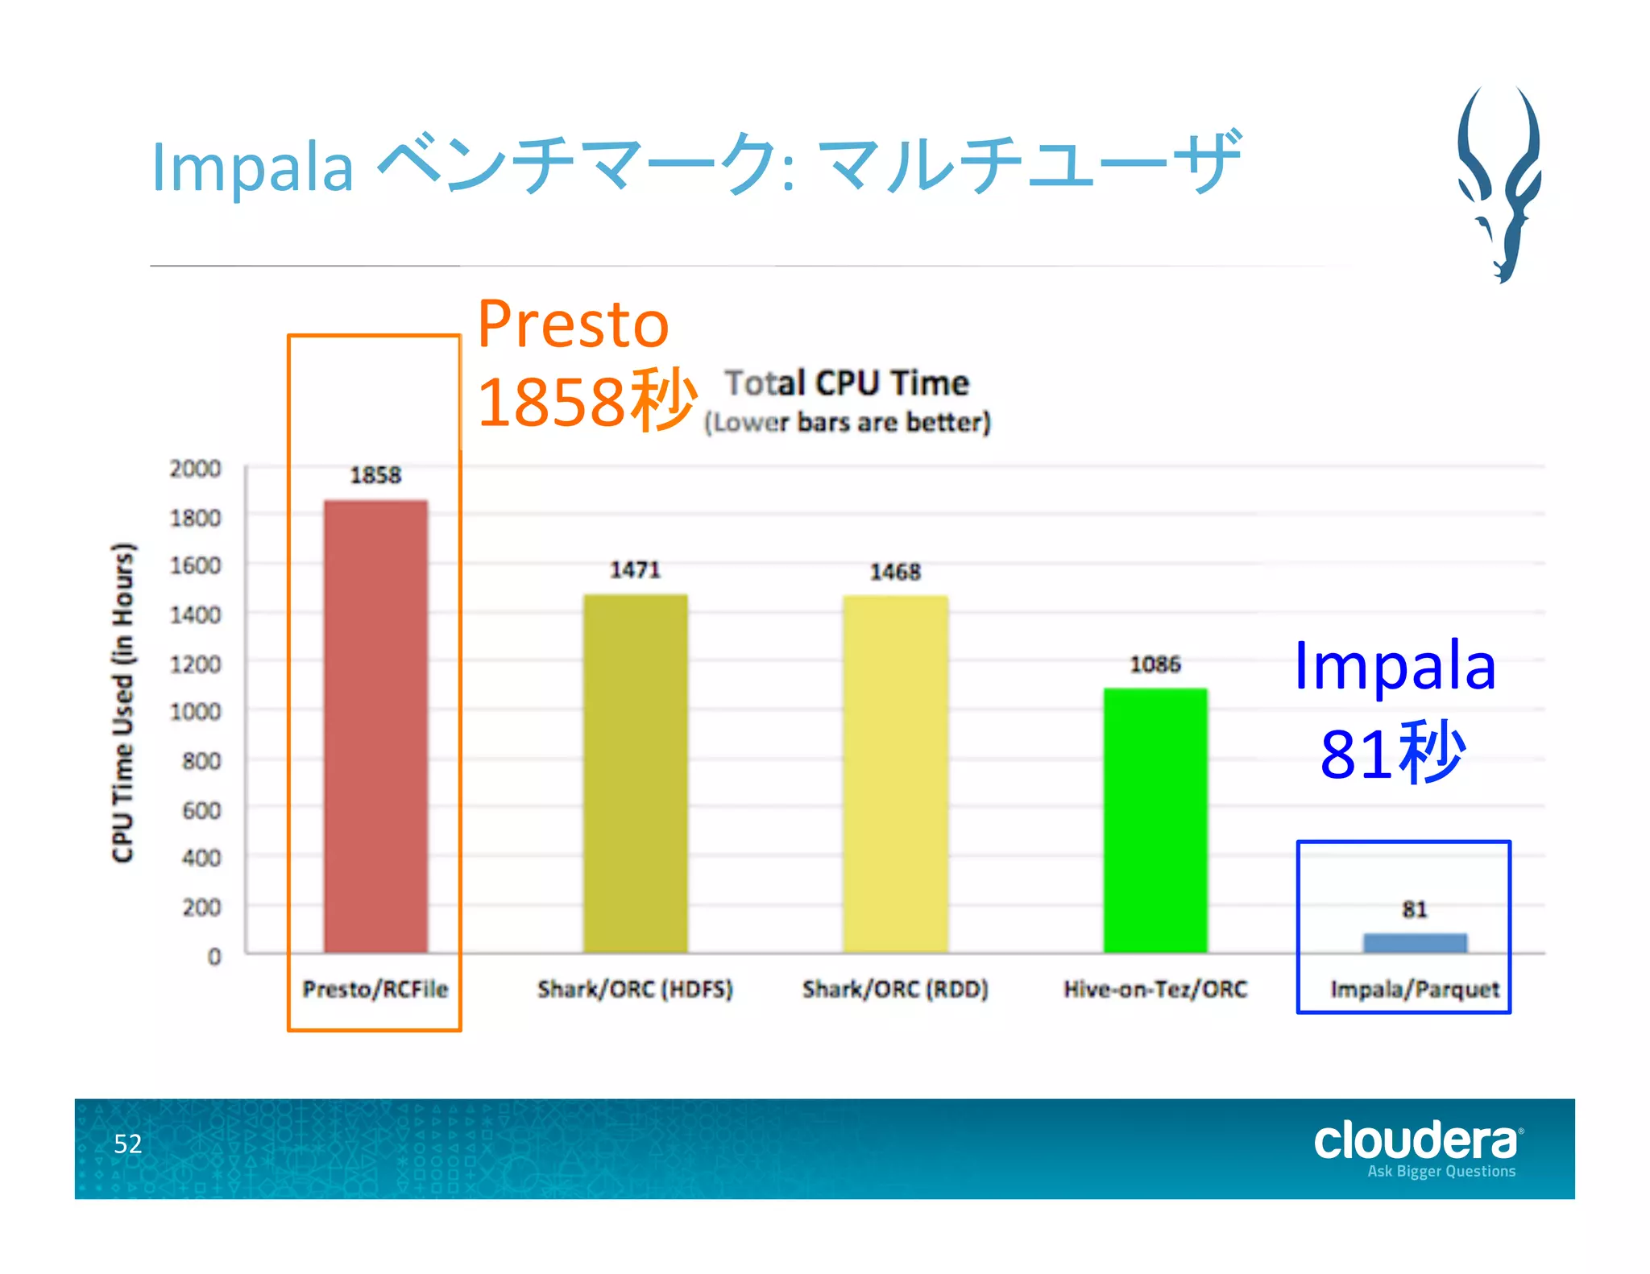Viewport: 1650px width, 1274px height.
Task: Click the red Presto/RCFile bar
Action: (x=375, y=725)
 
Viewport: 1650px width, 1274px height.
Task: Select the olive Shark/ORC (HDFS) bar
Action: (x=635, y=773)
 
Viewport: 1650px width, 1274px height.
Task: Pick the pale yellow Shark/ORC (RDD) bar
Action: (x=895, y=773)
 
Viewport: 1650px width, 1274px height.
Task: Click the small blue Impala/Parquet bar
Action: (x=1414, y=942)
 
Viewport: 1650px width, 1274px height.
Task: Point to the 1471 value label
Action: (x=635, y=570)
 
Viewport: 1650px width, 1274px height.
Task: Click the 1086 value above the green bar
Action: (x=1155, y=664)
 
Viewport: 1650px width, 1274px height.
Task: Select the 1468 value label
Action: (x=895, y=572)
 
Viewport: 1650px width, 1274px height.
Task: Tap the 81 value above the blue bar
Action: (x=1414, y=909)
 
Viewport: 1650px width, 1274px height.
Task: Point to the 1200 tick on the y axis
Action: (x=195, y=664)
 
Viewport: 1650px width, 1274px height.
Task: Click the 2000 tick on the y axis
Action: (x=195, y=469)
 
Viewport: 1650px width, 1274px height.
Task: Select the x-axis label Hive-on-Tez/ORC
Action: (x=1155, y=989)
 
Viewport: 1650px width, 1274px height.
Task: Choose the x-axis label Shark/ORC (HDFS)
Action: (x=635, y=989)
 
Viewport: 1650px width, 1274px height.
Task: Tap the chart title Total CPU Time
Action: (x=846, y=383)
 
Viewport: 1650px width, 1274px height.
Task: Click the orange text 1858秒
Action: (x=587, y=401)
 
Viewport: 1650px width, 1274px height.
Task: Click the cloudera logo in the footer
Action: (x=1416, y=1142)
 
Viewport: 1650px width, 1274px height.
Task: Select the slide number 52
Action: (x=127, y=1144)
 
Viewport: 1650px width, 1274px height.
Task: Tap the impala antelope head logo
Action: (x=1500, y=185)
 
